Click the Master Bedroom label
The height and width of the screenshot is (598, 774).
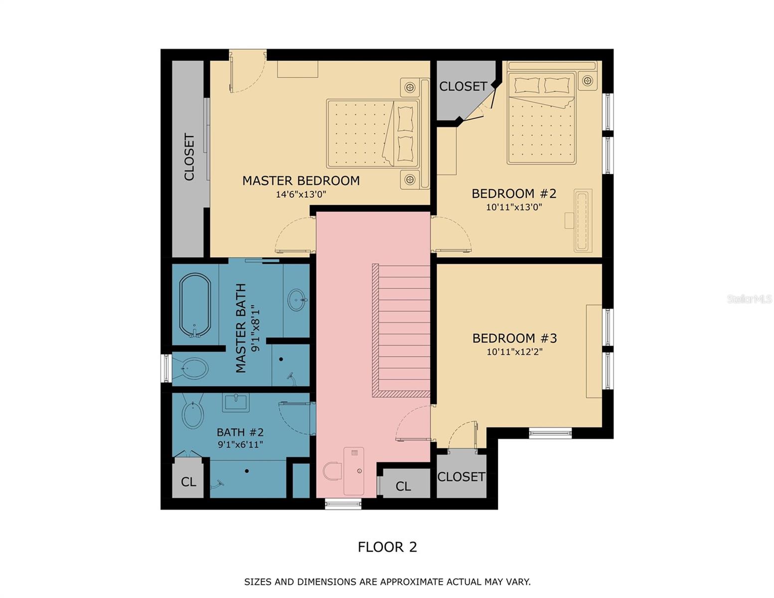[x=301, y=180]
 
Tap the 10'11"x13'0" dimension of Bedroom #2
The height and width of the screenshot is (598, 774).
[x=514, y=207]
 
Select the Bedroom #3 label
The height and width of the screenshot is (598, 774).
[x=514, y=338]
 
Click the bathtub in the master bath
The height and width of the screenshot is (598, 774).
[x=195, y=305]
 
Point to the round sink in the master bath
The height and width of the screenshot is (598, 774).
[x=297, y=299]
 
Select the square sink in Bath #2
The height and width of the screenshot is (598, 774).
[x=236, y=402]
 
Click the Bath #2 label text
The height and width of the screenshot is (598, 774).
[x=240, y=433]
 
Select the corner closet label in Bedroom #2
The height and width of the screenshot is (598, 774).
[x=463, y=86]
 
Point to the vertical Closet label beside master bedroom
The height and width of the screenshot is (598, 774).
[x=189, y=157]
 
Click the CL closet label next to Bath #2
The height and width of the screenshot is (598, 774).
[x=188, y=482]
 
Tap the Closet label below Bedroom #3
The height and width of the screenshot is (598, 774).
[x=461, y=477]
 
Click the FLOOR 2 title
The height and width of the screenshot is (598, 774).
[x=387, y=547]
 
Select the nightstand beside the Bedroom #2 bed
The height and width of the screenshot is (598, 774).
[x=588, y=81]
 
